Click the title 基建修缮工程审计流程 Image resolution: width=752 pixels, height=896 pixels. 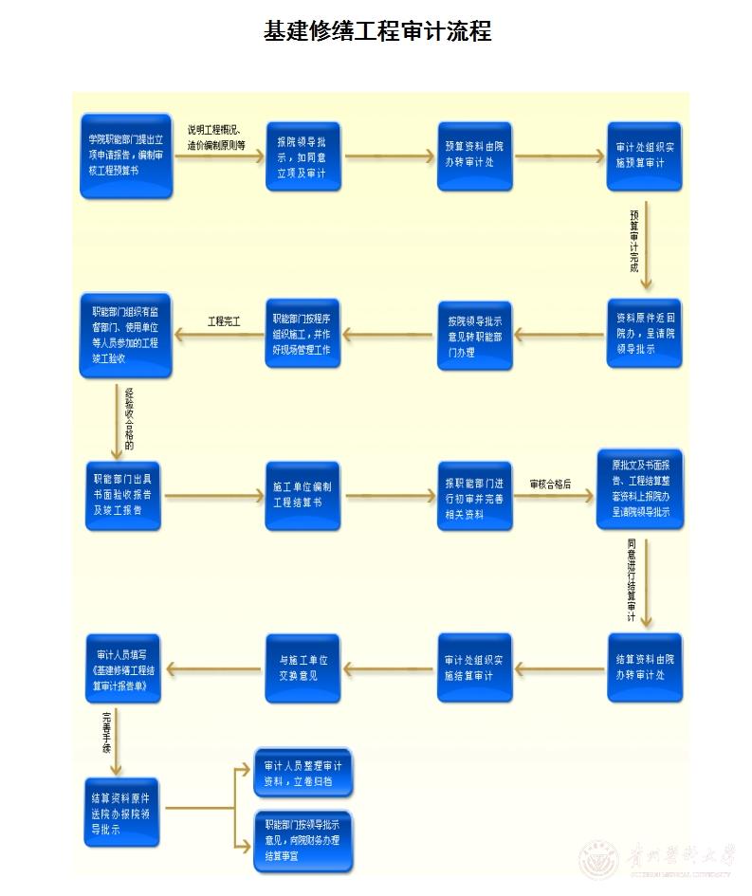[376, 31]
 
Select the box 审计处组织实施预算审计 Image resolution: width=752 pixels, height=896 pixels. [644, 155]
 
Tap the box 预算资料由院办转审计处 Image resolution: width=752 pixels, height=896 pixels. [474, 155]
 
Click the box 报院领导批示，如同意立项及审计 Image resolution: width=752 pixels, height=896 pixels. [303, 155]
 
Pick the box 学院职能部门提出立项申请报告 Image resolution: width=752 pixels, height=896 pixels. [126, 155]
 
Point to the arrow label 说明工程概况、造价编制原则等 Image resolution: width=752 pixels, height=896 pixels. [216, 137]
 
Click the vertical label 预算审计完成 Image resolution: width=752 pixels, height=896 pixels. [634, 242]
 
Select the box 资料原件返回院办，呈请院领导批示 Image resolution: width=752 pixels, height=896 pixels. [644, 333]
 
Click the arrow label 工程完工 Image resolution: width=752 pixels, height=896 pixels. [224, 322]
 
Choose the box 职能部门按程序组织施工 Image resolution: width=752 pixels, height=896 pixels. [303, 333]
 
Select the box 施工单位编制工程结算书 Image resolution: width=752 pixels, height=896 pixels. [303, 494]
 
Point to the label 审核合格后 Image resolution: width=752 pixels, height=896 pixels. [551, 484]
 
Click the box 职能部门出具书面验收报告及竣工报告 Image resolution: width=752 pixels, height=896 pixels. [126, 494]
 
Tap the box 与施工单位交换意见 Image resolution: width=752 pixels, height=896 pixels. [303, 667]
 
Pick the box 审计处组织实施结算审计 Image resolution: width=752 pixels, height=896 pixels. [474, 667]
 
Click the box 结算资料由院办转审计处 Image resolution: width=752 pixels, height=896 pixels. [644, 667]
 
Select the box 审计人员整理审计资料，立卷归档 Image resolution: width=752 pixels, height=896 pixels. [303, 773]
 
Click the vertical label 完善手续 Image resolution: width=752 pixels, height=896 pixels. [105, 732]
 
